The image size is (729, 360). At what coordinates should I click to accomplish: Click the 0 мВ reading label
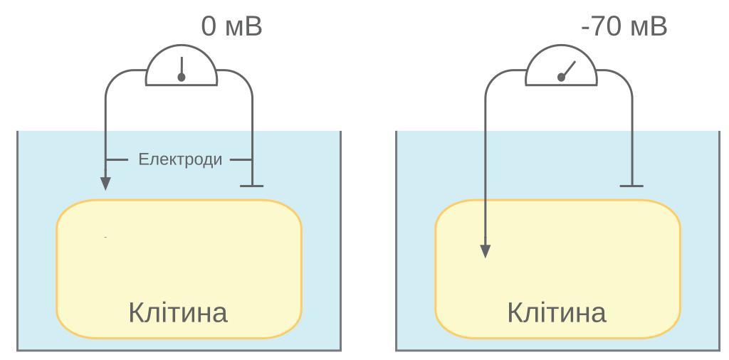click(232, 27)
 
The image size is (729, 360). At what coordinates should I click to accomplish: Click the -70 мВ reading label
click(624, 27)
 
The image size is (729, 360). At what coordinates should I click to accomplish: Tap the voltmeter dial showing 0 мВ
click(182, 70)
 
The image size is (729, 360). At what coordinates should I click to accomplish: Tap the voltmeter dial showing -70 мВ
click(561, 70)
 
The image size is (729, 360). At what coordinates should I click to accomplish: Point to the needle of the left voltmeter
click(182, 65)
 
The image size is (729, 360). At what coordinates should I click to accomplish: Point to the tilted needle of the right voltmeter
click(568, 68)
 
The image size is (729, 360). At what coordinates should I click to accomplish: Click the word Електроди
click(180, 159)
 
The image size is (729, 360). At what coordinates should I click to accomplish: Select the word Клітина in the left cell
click(178, 313)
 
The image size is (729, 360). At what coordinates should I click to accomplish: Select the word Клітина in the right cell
click(557, 313)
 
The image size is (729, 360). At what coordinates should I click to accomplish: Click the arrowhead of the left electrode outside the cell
click(105, 184)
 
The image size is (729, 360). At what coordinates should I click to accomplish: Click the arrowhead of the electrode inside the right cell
click(485, 251)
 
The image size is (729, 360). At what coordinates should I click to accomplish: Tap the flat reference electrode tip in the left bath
click(251, 186)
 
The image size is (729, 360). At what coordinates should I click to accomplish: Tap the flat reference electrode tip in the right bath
click(631, 186)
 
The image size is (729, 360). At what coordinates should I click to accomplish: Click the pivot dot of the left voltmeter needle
click(182, 77)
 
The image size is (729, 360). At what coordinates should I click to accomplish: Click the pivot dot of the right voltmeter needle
click(561, 77)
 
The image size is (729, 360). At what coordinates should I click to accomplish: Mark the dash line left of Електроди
click(118, 159)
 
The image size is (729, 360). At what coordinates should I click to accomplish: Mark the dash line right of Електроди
click(240, 159)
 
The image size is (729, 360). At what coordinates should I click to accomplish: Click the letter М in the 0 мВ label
click(235, 28)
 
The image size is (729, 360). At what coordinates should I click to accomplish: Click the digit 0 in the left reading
click(209, 27)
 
